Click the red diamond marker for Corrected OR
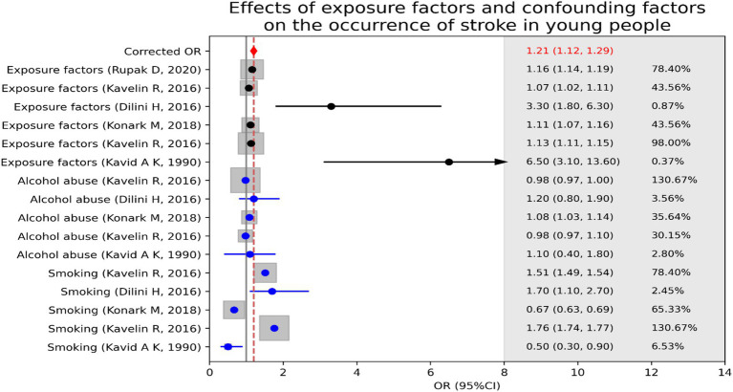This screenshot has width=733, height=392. coord(253,51)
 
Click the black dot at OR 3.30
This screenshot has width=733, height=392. coord(331,106)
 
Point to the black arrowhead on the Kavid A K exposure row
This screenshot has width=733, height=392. coord(500,162)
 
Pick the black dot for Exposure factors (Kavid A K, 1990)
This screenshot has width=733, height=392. coord(448,162)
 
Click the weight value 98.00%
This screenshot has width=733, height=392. coord(671,143)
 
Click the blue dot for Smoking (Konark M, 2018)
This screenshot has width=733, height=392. coord(234,310)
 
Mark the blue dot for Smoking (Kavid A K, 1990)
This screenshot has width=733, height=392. coord(227,347)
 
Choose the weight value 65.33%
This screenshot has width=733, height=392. coord(671,310)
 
